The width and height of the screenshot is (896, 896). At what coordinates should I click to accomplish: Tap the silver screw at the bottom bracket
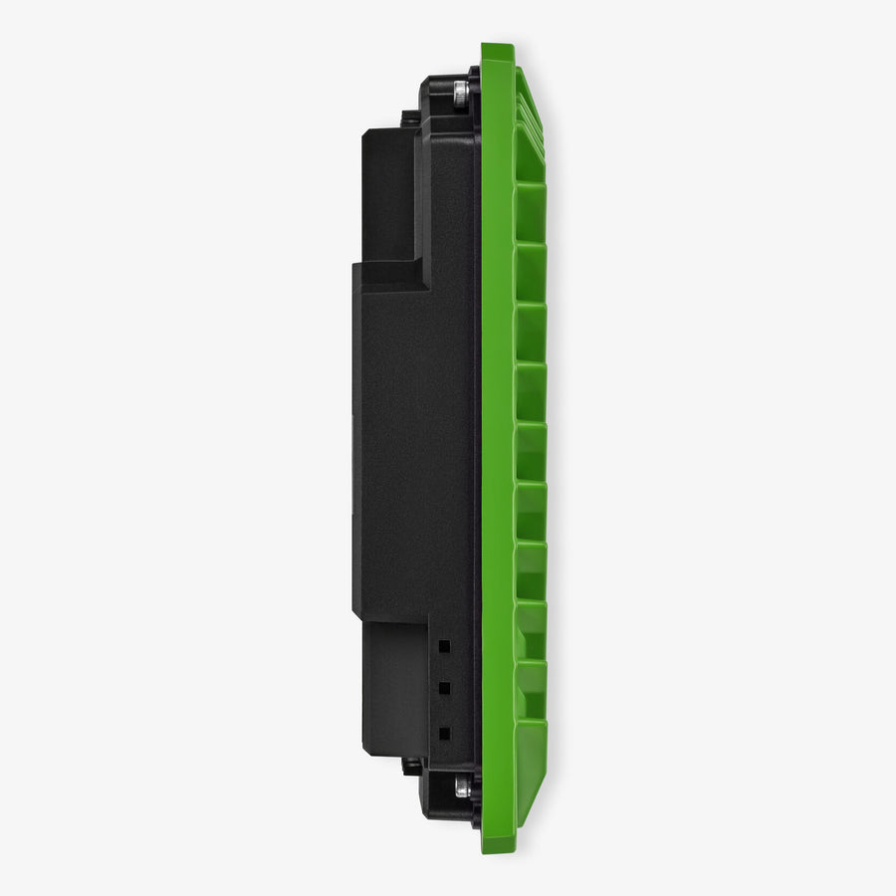tap(460, 787)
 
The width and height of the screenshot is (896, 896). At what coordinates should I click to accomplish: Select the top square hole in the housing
tap(444, 646)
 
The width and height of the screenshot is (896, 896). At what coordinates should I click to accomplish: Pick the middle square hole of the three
tap(444, 688)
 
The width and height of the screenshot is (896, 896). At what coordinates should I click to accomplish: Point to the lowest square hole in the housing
tap(444, 733)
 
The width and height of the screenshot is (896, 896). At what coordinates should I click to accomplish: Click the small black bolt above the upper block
tap(410, 117)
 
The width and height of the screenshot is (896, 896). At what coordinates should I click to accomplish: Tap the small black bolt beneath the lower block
tap(410, 766)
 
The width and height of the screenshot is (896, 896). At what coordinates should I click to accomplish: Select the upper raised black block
tap(388, 194)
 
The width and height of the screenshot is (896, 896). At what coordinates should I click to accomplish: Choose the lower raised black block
tap(393, 687)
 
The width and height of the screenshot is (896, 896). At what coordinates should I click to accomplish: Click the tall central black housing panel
tap(418, 448)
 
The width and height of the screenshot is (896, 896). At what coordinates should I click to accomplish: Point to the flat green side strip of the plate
tap(496, 448)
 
